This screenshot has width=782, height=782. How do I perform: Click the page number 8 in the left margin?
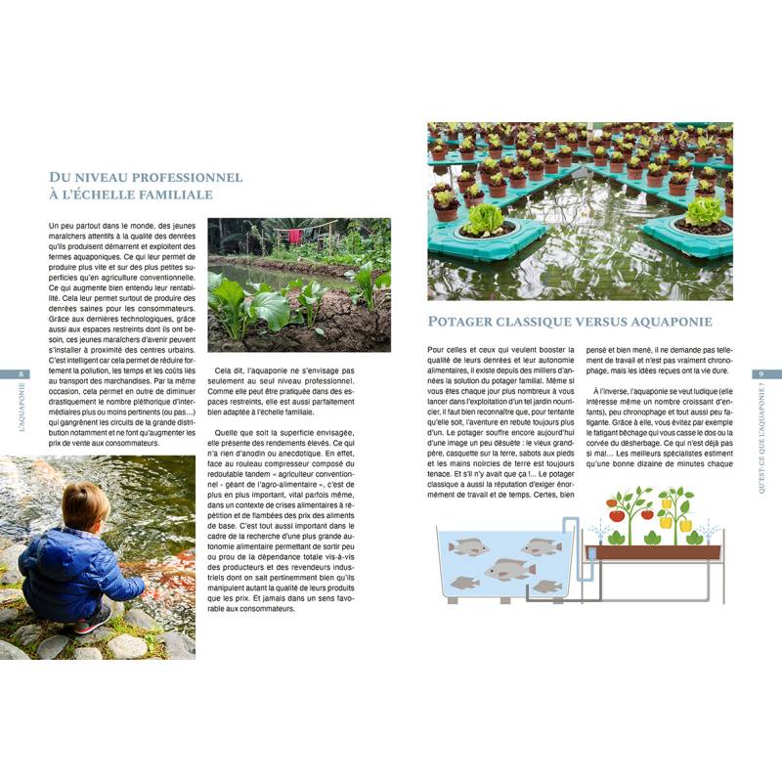(x=22, y=374)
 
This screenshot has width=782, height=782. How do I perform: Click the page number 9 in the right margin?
(x=760, y=374)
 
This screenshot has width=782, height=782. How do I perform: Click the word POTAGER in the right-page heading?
(x=465, y=322)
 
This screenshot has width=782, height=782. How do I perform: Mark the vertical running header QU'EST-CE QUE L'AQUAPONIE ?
(x=761, y=439)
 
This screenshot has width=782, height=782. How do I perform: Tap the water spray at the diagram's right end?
(x=710, y=532)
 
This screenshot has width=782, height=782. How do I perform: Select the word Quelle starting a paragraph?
(x=229, y=432)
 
